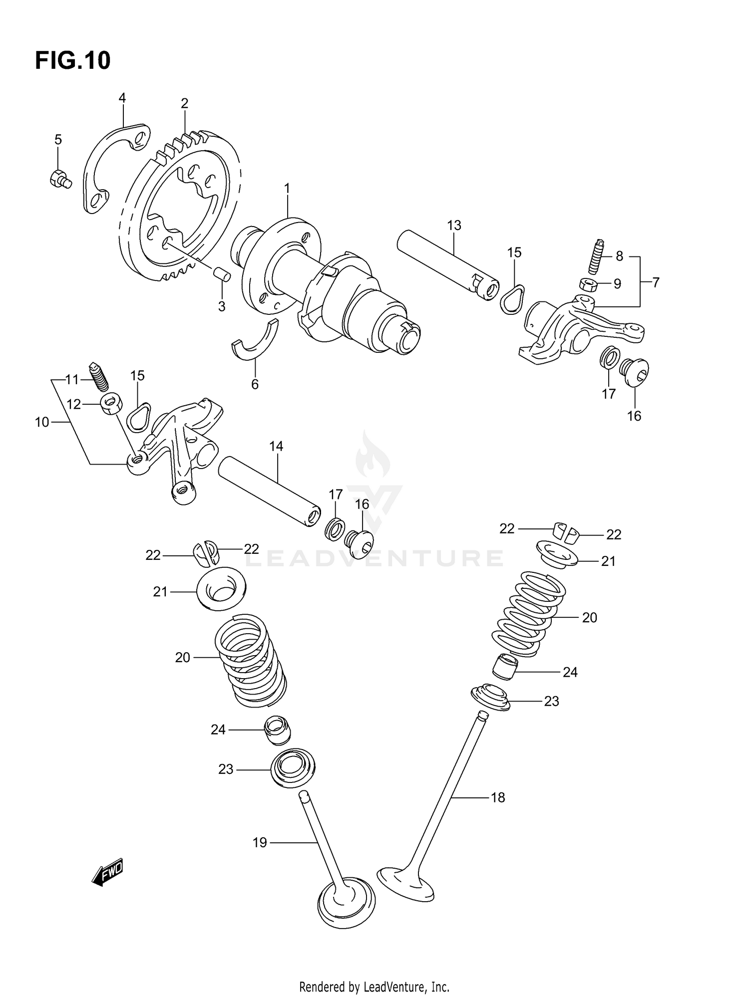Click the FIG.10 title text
pos(73,61)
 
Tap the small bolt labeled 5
pos(60,178)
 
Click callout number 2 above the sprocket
pos(184,103)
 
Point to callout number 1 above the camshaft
pos(287,188)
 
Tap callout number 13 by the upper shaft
pos(454,225)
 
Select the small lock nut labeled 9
pos(589,285)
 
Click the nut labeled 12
pos(111,403)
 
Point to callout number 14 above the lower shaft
pos(276,446)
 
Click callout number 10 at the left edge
pos(42,422)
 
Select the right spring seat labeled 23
pos(491,698)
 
